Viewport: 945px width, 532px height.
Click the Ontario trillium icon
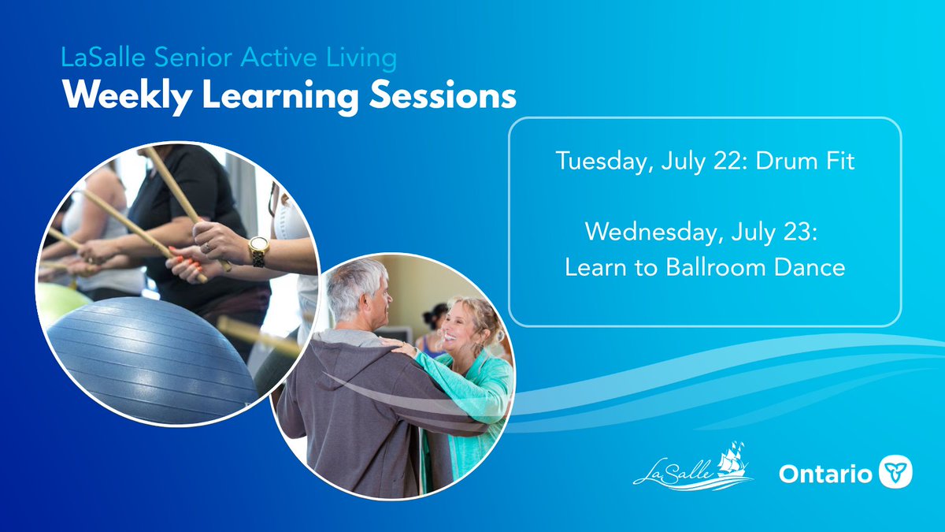pyautogui.click(x=895, y=473)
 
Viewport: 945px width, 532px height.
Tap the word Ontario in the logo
pyautogui.click(x=825, y=474)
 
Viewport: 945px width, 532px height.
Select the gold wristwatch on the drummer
pyautogui.click(x=258, y=251)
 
